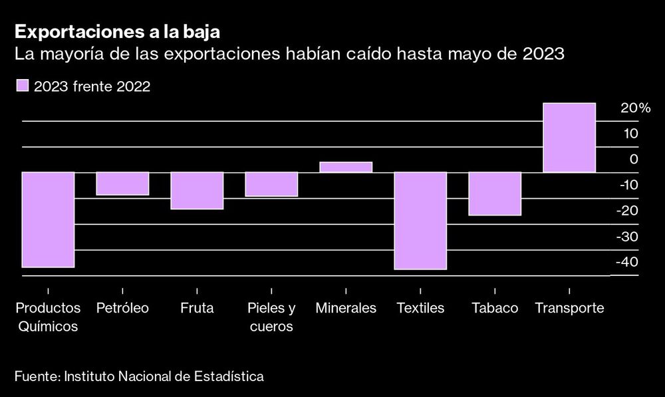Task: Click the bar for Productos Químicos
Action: click(x=48, y=219)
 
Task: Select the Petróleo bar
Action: click(x=122, y=184)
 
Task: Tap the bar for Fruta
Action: click(x=197, y=191)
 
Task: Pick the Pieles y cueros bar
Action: click(x=271, y=184)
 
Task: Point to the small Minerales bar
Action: click(x=346, y=167)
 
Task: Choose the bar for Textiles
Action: click(x=420, y=221)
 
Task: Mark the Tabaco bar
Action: click(x=495, y=194)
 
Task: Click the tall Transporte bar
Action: click(x=569, y=138)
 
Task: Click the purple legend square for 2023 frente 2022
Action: click(x=23, y=86)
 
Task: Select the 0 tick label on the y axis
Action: click(x=633, y=159)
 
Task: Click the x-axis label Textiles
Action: click(x=420, y=309)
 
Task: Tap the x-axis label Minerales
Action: click(x=346, y=309)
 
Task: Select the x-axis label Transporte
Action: click(x=569, y=309)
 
